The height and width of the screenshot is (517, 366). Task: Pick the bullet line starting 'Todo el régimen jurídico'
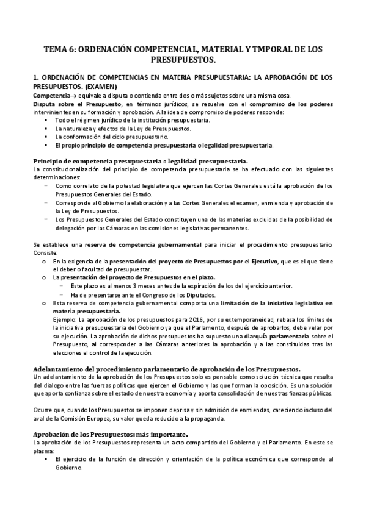[x=132, y=120]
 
